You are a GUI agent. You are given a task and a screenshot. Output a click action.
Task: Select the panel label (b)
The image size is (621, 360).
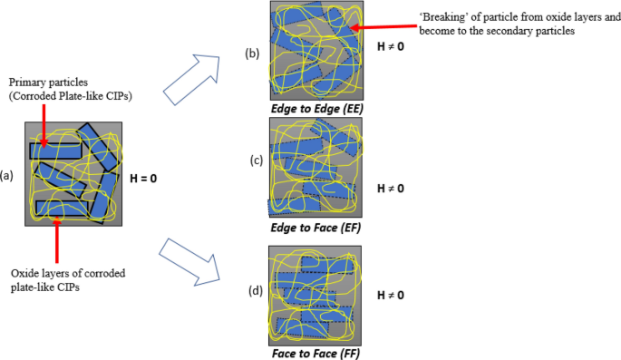253,54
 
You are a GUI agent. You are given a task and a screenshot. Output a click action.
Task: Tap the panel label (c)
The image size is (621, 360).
256,161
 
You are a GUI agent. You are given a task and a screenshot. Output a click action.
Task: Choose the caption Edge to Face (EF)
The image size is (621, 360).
315,228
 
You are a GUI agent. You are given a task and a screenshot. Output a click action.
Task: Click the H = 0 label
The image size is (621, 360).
142,178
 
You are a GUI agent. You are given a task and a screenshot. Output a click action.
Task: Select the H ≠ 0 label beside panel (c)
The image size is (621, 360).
390,189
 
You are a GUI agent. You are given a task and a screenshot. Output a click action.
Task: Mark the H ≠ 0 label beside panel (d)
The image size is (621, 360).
390,295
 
